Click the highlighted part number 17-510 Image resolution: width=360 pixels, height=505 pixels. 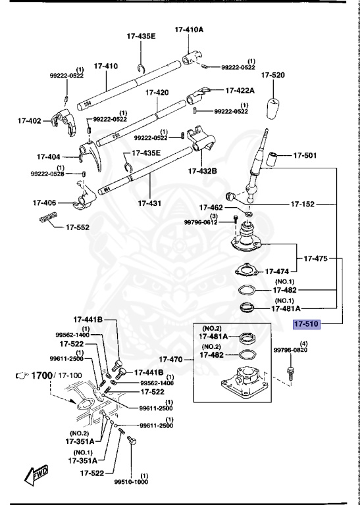pyautogui.click(x=306, y=324)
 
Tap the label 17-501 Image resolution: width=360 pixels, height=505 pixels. pyautogui.click(x=305, y=156)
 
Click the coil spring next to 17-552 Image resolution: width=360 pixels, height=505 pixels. pyautogui.click(x=49, y=219)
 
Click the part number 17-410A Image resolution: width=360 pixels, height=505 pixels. pyautogui.click(x=189, y=30)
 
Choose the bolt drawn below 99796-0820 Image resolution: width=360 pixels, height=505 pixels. pyautogui.click(x=289, y=373)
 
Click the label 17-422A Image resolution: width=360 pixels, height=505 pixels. pyautogui.click(x=240, y=91)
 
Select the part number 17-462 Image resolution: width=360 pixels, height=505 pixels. pyautogui.click(x=212, y=208)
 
